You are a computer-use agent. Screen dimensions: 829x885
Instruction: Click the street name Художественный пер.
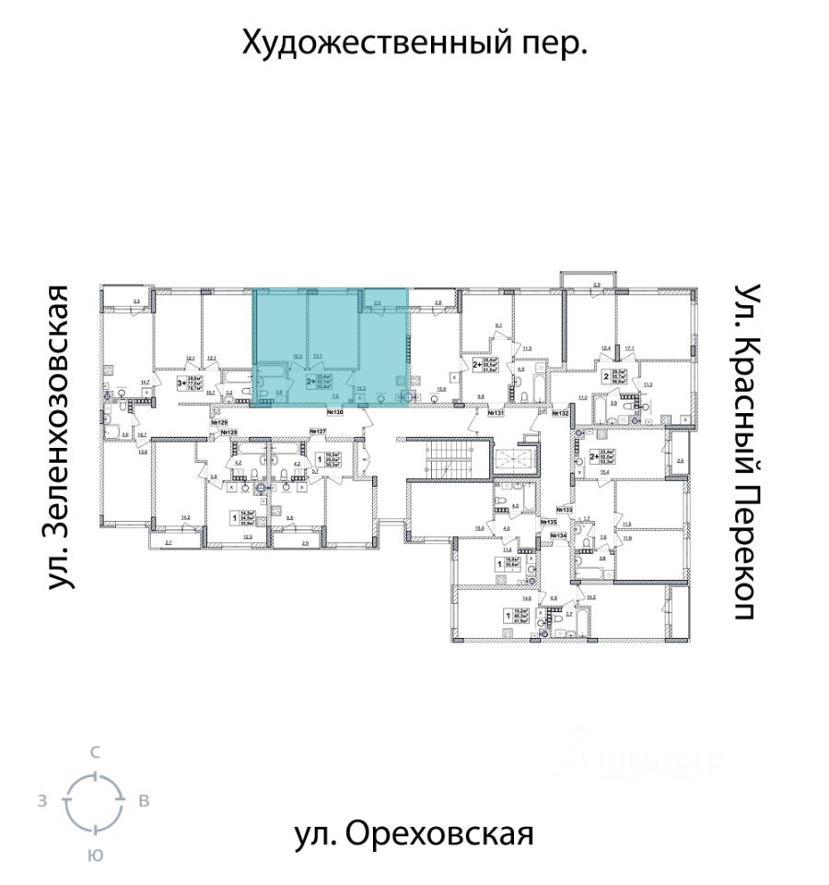point(414,42)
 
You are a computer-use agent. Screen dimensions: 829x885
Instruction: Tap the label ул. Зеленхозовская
point(61,437)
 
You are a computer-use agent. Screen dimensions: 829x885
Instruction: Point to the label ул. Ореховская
point(414,834)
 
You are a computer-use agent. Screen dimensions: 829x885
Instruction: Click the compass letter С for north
point(94,753)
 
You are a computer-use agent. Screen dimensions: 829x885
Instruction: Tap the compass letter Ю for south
point(94,855)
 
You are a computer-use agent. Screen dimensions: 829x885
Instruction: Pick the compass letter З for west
point(42,801)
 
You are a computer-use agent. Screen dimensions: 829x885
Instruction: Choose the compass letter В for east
point(144,801)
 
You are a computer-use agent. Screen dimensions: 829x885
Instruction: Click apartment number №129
point(217,422)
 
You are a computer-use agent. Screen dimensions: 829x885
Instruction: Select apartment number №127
point(318,431)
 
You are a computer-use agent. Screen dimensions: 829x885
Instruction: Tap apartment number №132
point(560,415)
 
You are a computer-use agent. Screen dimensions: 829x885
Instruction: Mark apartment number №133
point(564,510)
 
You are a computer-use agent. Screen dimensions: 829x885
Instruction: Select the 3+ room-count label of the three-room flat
point(182,380)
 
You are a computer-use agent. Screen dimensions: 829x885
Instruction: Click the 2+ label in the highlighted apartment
point(309,380)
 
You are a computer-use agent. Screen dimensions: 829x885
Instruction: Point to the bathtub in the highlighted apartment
point(268,395)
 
